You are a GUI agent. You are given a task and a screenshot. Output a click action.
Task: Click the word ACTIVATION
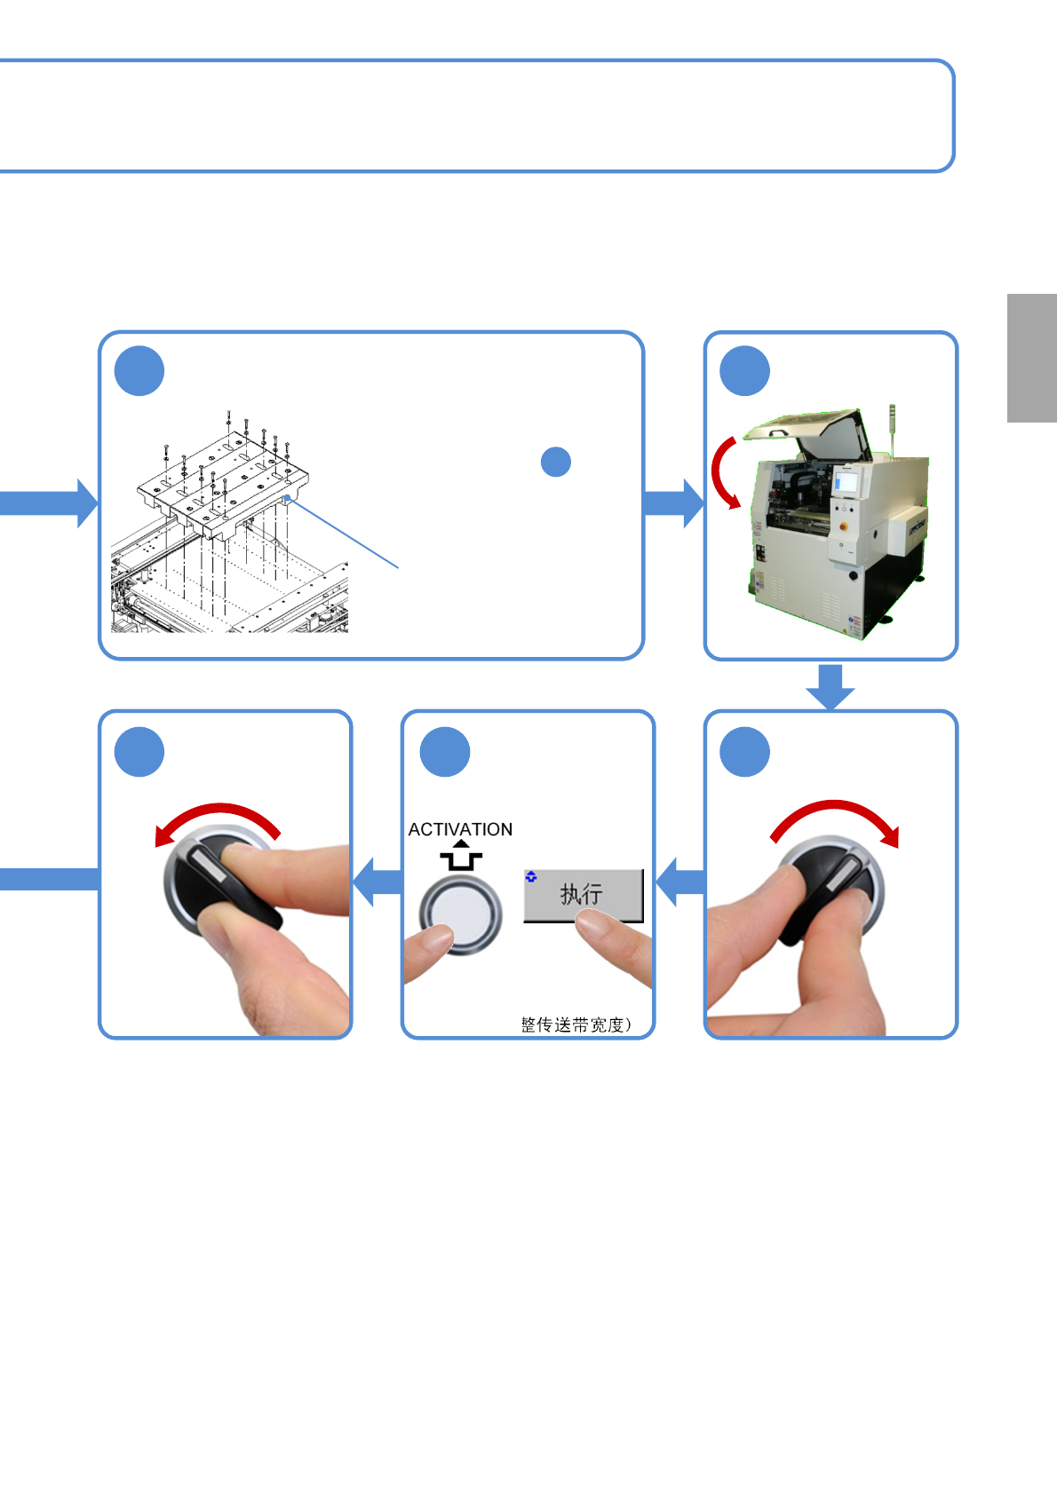click(460, 829)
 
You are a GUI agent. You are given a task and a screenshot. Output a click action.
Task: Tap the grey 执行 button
click(582, 895)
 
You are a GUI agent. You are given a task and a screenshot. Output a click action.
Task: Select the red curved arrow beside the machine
click(724, 471)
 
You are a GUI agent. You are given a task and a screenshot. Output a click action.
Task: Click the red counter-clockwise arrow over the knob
click(218, 819)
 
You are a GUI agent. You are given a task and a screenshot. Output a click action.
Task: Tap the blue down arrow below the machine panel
click(830, 685)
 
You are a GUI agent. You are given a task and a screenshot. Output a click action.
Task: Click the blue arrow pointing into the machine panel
click(672, 503)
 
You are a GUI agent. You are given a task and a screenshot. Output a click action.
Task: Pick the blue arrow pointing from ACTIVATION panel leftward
click(377, 882)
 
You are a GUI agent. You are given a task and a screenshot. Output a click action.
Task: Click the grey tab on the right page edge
click(1031, 358)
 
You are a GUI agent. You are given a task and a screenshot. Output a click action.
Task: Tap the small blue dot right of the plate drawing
click(556, 462)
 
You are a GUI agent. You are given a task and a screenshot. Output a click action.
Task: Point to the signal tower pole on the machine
click(892, 433)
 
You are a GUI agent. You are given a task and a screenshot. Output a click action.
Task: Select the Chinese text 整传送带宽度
click(576, 1024)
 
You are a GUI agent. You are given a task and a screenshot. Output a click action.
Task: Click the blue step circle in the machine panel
click(744, 371)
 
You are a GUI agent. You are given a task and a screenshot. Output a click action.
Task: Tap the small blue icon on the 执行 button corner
click(531, 876)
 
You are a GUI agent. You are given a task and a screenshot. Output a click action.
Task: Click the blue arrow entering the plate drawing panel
click(49, 503)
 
